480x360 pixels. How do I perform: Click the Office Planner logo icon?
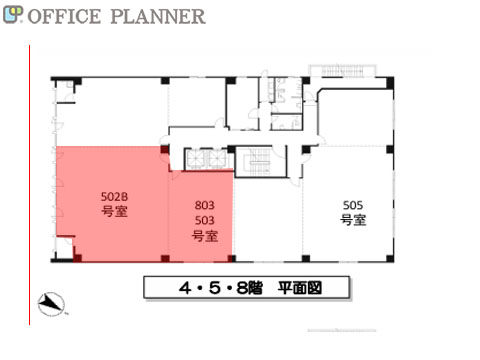click(x=13, y=15)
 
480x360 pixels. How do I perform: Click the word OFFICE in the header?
click(x=64, y=16)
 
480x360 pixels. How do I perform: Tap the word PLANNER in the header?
click(x=158, y=16)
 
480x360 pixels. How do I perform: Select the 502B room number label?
click(x=114, y=197)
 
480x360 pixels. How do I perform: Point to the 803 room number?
click(x=204, y=205)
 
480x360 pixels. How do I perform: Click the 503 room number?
click(x=204, y=220)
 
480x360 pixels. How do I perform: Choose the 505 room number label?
click(x=353, y=205)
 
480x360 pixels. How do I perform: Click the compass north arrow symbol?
click(x=51, y=304)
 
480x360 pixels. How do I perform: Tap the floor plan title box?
click(x=247, y=287)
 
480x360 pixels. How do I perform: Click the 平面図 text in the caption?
click(x=300, y=288)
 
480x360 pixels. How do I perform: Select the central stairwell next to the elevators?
click(x=260, y=162)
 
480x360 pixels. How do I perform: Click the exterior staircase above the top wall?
click(x=343, y=70)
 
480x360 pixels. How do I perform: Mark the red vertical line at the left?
click(x=30, y=185)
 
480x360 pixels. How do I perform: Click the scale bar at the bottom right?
click(x=342, y=330)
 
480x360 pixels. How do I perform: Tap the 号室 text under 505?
click(x=353, y=220)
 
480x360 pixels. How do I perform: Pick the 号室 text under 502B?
click(x=114, y=212)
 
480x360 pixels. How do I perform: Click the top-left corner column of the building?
click(x=77, y=81)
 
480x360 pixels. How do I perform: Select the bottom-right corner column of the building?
click(x=390, y=258)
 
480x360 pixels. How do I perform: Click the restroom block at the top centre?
click(x=285, y=103)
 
